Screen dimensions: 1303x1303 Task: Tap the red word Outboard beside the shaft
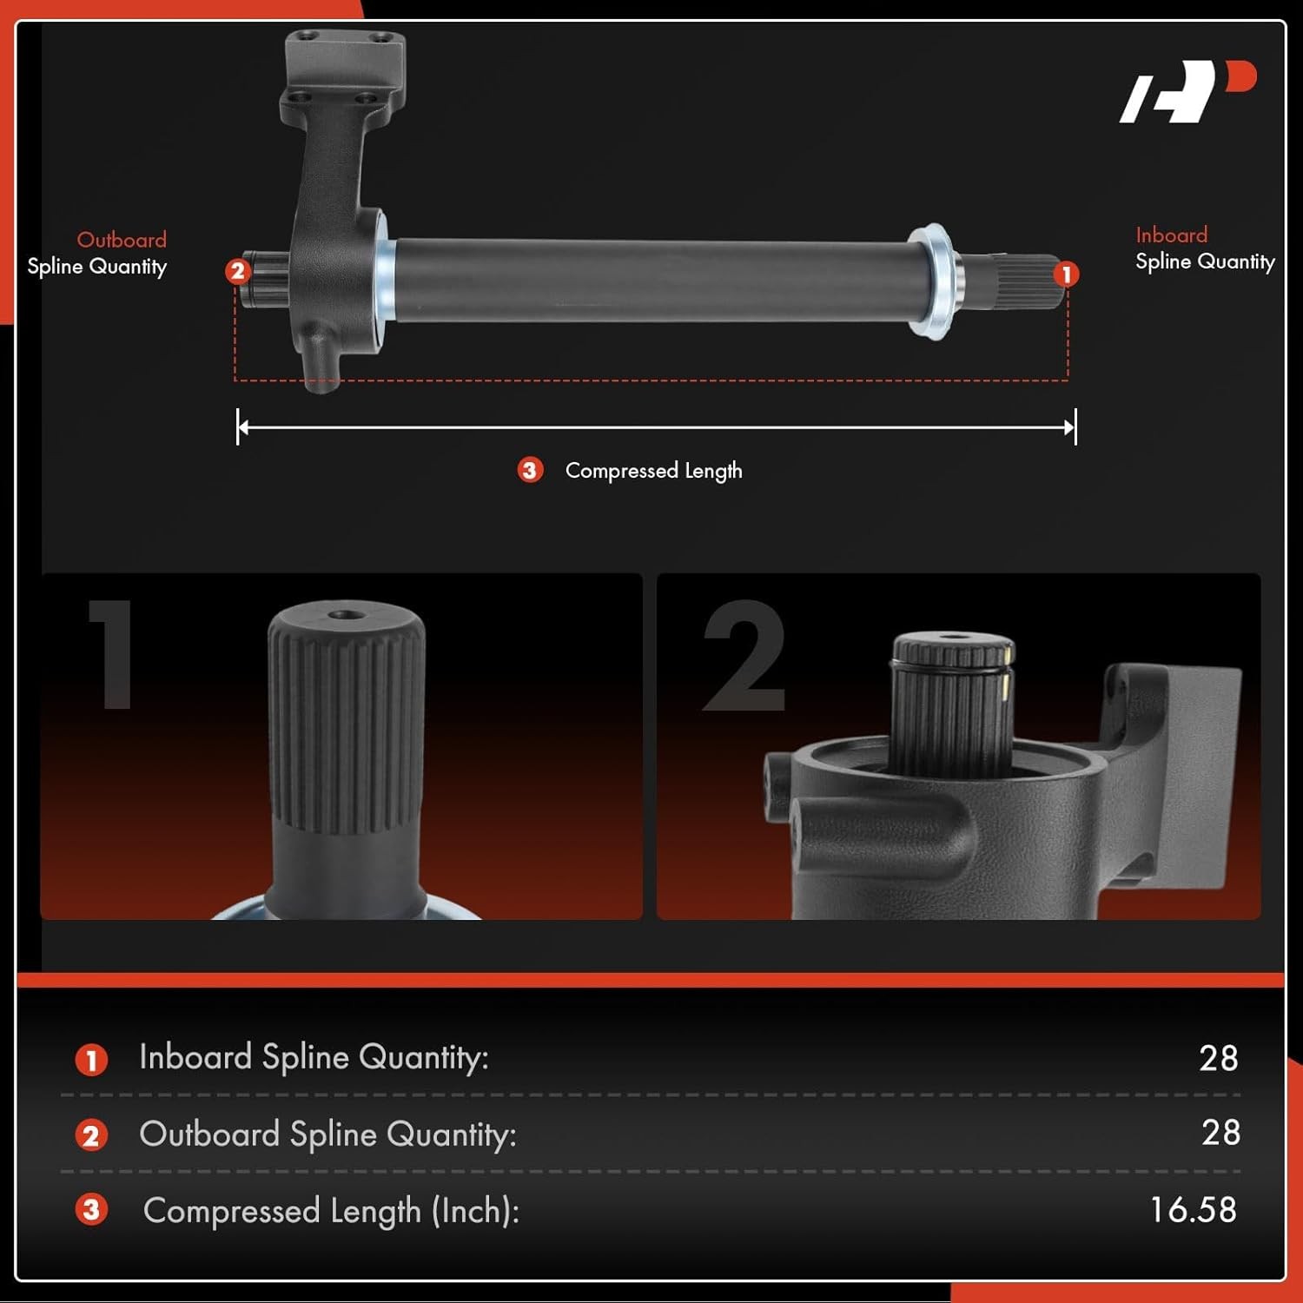[122, 240]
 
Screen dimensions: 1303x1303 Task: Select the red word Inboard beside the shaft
[1171, 235]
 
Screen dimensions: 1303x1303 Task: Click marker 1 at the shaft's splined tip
[1066, 274]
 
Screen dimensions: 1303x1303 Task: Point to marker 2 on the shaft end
[237, 271]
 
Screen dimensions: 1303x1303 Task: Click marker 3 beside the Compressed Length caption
[530, 470]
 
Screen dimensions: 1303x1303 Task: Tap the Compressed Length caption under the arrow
[653, 471]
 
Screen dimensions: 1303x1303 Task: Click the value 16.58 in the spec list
[1193, 1209]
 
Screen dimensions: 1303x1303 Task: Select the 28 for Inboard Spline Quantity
[1218, 1058]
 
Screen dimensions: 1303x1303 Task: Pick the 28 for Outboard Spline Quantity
[1220, 1133]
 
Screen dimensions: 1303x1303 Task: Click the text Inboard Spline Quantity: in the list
[314, 1058]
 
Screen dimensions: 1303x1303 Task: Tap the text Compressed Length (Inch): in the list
[331, 1211]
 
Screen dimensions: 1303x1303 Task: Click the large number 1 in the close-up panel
[111, 654]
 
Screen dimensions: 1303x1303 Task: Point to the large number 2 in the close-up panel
[744, 656]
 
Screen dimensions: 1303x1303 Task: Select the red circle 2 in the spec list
[91, 1134]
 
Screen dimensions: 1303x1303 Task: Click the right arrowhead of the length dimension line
[1070, 427]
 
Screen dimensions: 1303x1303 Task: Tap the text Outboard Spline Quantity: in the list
[327, 1134]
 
